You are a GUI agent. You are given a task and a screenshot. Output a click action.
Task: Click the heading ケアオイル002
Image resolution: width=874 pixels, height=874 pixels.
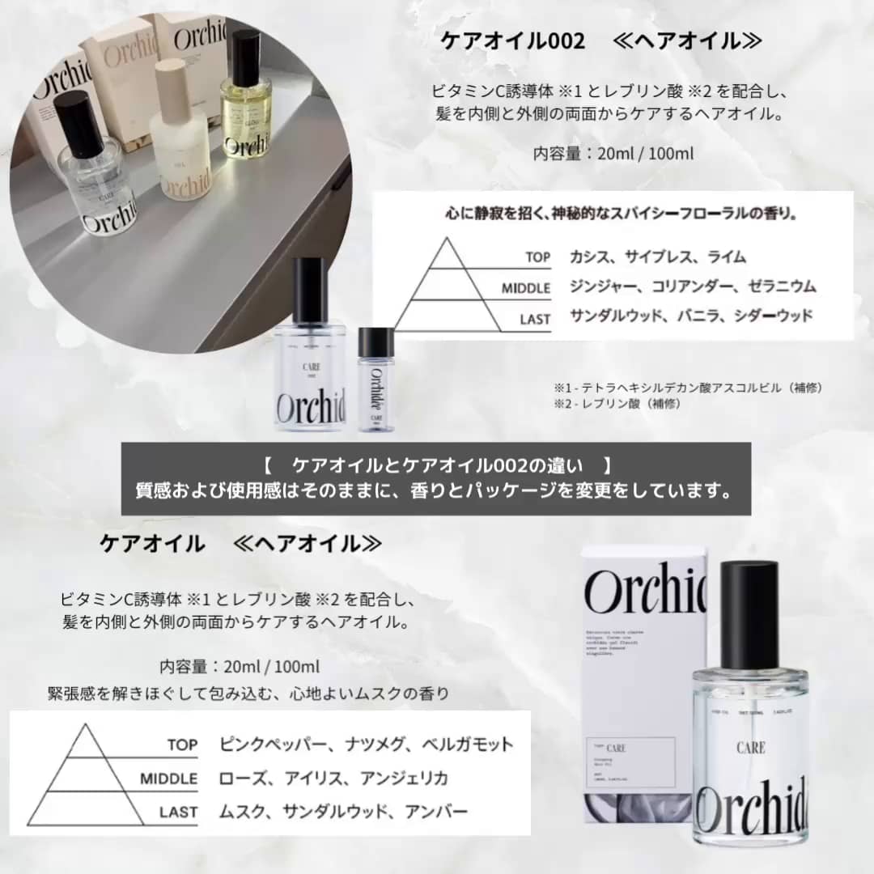coord(512,41)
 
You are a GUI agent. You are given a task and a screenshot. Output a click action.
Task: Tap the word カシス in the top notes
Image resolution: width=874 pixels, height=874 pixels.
coord(588,257)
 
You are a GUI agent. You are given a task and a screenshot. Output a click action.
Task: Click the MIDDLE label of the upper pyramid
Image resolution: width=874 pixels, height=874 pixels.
coord(525,288)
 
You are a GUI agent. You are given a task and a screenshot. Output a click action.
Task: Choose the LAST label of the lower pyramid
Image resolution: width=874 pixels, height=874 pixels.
coord(178,812)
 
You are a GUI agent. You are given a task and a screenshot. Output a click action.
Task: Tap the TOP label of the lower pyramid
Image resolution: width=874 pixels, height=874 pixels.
coord(182,745)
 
